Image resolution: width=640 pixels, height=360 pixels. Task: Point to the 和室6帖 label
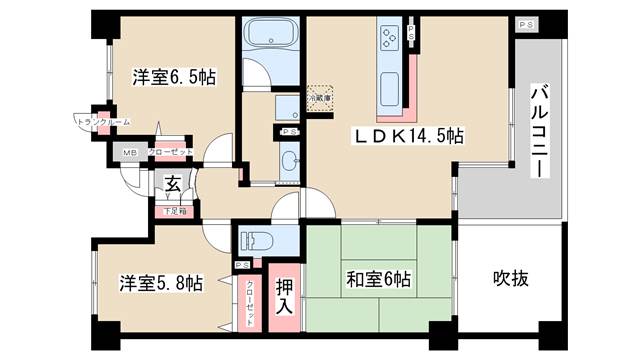pos(378,278)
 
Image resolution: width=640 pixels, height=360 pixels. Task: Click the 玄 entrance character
pos(172,184)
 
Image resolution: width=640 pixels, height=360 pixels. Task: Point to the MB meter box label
pos(129,152)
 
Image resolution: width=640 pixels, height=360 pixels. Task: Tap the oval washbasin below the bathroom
pos(290,160)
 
